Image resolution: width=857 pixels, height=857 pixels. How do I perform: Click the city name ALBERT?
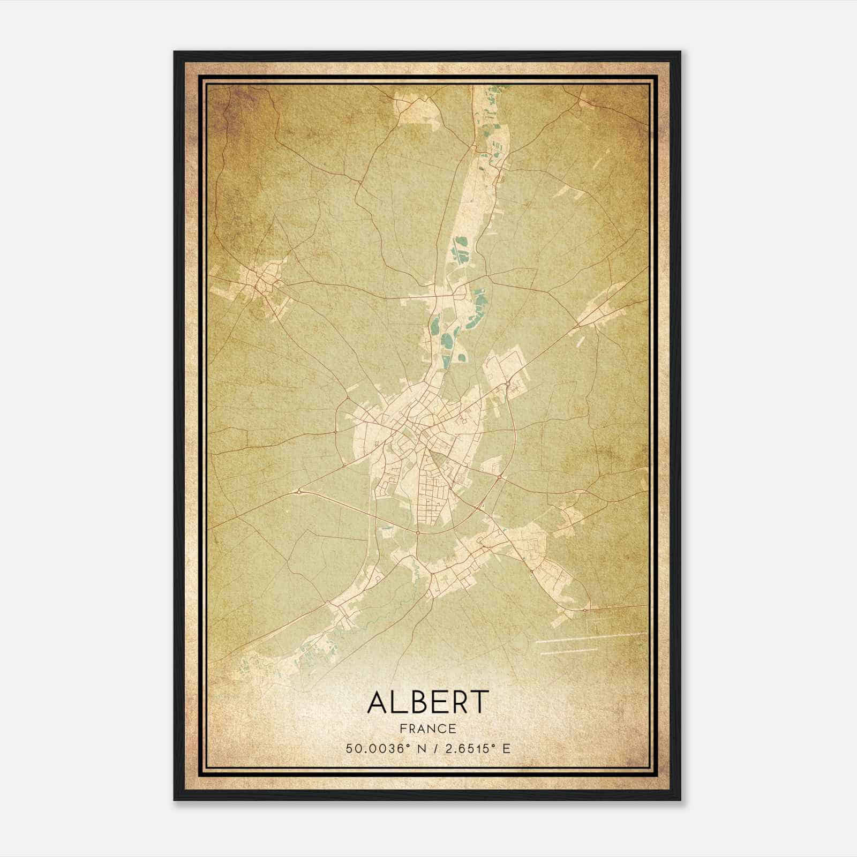(x=428, y=702)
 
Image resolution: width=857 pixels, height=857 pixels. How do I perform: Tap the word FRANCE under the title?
(x=428, y=728)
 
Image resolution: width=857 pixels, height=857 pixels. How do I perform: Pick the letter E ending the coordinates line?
(x=506, y=748)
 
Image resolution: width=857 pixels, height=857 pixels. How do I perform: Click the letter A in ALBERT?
(x=378, y=702)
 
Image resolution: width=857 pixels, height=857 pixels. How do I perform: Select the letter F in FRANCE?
(x=403, y=728)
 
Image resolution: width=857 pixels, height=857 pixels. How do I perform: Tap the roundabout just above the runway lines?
(x=585, y=610)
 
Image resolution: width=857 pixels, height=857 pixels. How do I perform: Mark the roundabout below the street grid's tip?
(x=417, y=532)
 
